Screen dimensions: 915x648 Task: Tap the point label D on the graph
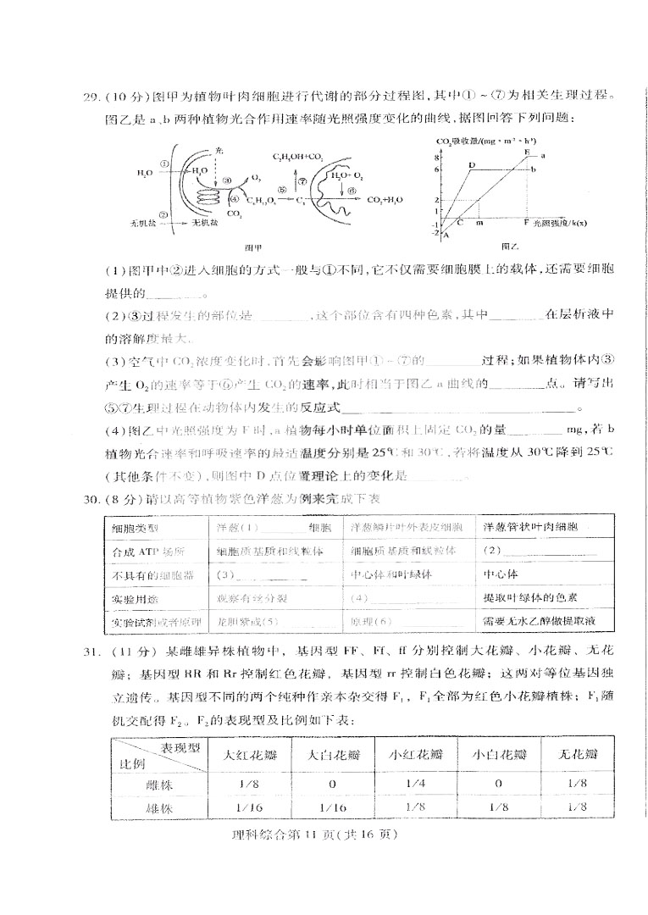pos(471,165)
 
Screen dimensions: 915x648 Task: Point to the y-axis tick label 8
pos(439,158)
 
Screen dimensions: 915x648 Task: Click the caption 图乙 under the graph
pos(509,247)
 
